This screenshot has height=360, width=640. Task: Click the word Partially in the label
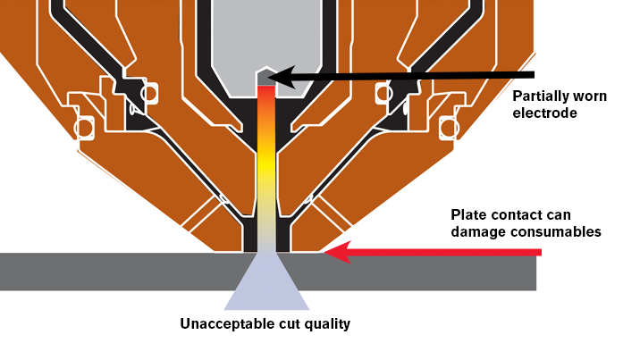542,96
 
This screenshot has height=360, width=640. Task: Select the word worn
588,96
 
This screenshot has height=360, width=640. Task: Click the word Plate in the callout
468,215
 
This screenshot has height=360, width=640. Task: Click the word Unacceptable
223,323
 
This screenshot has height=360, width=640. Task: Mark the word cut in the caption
285,323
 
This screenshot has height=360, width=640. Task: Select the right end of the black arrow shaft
533,75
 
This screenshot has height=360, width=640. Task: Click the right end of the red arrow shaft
540,254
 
